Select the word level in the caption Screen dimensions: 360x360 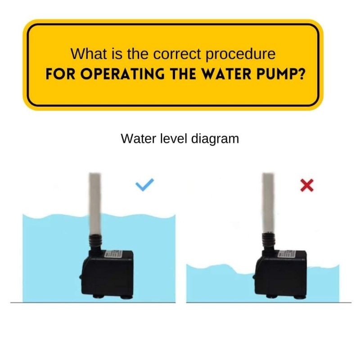coord(173,139)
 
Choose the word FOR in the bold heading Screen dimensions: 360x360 coord(57,74)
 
